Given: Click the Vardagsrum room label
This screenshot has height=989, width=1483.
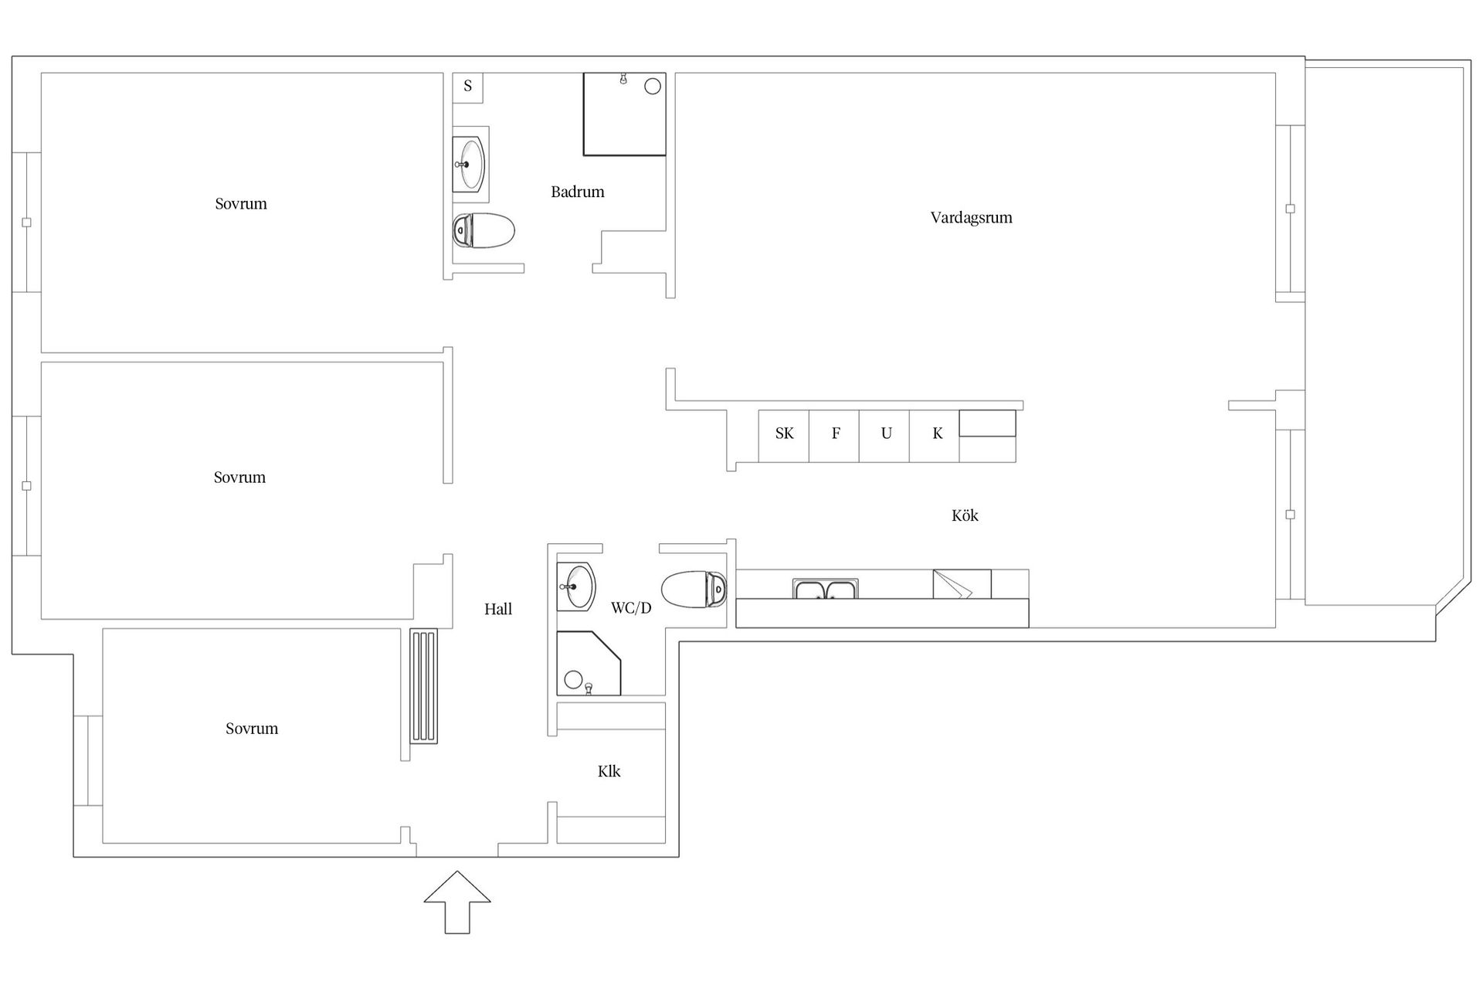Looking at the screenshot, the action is [x=971, y=218].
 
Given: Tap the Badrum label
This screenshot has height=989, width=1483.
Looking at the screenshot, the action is [x=578, y=192].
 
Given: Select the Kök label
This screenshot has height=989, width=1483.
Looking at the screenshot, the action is [x=965, y=515].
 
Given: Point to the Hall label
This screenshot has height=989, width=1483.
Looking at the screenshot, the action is [x=498, y=609].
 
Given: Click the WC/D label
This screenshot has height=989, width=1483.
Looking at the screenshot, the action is [x=631, y=608].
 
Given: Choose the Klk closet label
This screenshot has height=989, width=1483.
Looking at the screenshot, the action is [x=609, y=771].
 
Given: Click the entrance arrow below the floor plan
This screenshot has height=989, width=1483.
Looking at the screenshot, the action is [x=457, y=902].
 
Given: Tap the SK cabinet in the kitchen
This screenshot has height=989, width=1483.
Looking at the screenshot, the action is [x=784, y=437].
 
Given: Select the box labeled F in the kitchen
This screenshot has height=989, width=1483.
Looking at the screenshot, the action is [x=834, y=437].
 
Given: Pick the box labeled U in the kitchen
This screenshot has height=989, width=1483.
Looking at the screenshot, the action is [x=884, y=437].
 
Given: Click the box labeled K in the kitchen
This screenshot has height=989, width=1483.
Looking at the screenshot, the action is [x=935, y=437].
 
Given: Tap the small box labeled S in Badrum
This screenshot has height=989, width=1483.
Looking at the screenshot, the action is [x=467, y=87].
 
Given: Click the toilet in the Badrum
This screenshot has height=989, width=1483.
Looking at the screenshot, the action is [x=484, y=230].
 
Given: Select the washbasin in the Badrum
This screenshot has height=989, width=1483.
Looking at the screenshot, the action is [x=469, y=164].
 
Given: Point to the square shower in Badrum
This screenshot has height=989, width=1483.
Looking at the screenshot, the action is [x=624, y=114].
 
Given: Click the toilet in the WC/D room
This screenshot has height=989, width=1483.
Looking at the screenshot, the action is [x=694, y=590].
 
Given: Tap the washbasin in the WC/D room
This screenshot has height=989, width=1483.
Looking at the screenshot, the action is [x=576, y=586].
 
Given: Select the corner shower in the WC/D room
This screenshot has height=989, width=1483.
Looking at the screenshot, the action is [x=589, y=664].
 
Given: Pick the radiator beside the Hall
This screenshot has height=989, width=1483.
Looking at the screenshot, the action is [x=424, y=686].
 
